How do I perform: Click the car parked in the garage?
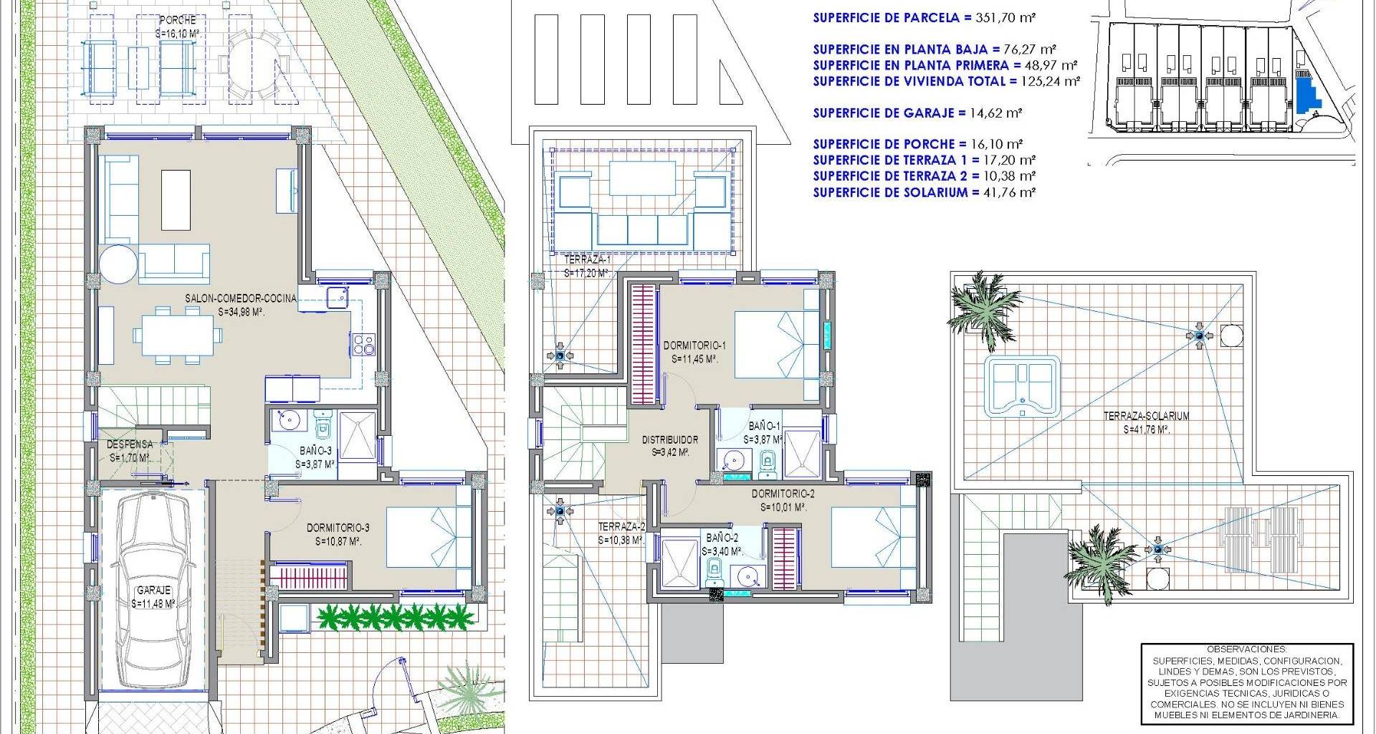(x=153, y=591)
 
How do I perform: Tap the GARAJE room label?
(x=153, y=591)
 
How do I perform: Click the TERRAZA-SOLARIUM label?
(x=1146, y=416)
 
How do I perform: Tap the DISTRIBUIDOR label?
(x=669, y=439)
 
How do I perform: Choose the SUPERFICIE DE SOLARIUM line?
(x=924, y=192)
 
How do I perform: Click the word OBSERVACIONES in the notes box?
(x=1246, y=649)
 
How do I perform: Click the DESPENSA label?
(x=130, y=444)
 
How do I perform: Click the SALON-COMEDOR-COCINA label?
(x=240, y=299)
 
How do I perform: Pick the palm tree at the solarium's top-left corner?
(x=985, y=308)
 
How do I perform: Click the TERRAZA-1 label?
(x=587, y=259)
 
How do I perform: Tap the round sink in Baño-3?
(x=292, y=421)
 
